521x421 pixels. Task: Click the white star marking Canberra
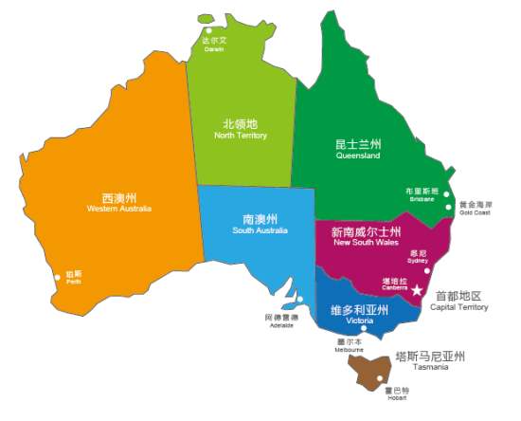(x=417, y=290)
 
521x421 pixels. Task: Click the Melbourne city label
(x=350, y=345)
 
